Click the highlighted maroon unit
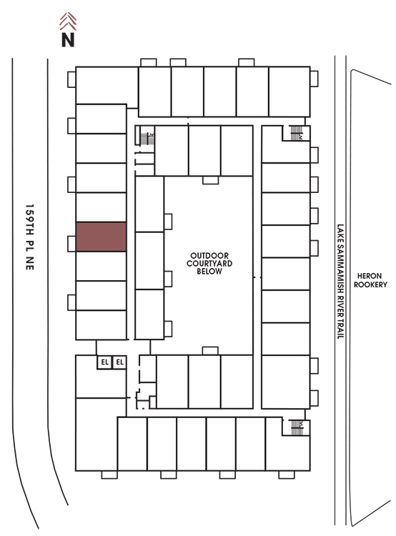coord(102,237)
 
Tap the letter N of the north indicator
coord(68,39)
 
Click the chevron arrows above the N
coord(68,21)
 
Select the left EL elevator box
coord(104,362)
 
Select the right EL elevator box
coord(119,362)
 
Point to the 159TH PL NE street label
coord(30,237)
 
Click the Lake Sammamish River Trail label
coord(340,282)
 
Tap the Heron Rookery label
coord(370,280)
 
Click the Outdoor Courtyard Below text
coord(209,263)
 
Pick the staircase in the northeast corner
coord(296,133)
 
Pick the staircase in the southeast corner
coord(297,427)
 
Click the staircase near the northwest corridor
coord(147,139)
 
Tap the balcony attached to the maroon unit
coord(71,244)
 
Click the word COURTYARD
coord(209,263)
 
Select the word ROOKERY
coord(370,284)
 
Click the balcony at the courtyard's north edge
coord(210,180)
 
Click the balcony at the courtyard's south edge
coord(210,351)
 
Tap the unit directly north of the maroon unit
coord(102,207)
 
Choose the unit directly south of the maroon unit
coord(102,266)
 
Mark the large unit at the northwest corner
coord(107,85)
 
